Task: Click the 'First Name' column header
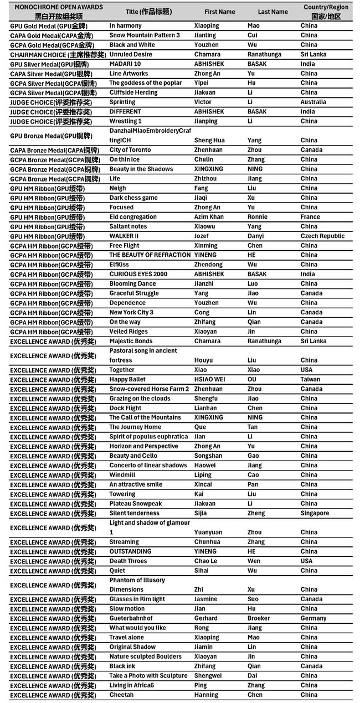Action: tap(219, 12)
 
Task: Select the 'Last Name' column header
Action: tap(272, 12)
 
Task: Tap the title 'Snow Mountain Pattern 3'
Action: tap(144, 35)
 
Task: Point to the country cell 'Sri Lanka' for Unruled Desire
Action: tap(313, 54)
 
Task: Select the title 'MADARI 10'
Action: tap(125, 64)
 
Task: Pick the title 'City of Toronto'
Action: tap(130, 150)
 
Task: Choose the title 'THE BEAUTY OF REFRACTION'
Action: tap(150, 255)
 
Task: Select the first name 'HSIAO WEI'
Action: tap(209, 380)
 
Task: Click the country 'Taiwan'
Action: tap(310, 380)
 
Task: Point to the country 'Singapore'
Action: tap(315, 513)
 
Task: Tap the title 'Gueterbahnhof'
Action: tap(131, 618)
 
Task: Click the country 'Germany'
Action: tap(313, 618)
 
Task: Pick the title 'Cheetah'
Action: tap(121, 695)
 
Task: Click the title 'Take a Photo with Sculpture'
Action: tap(148, 675)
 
